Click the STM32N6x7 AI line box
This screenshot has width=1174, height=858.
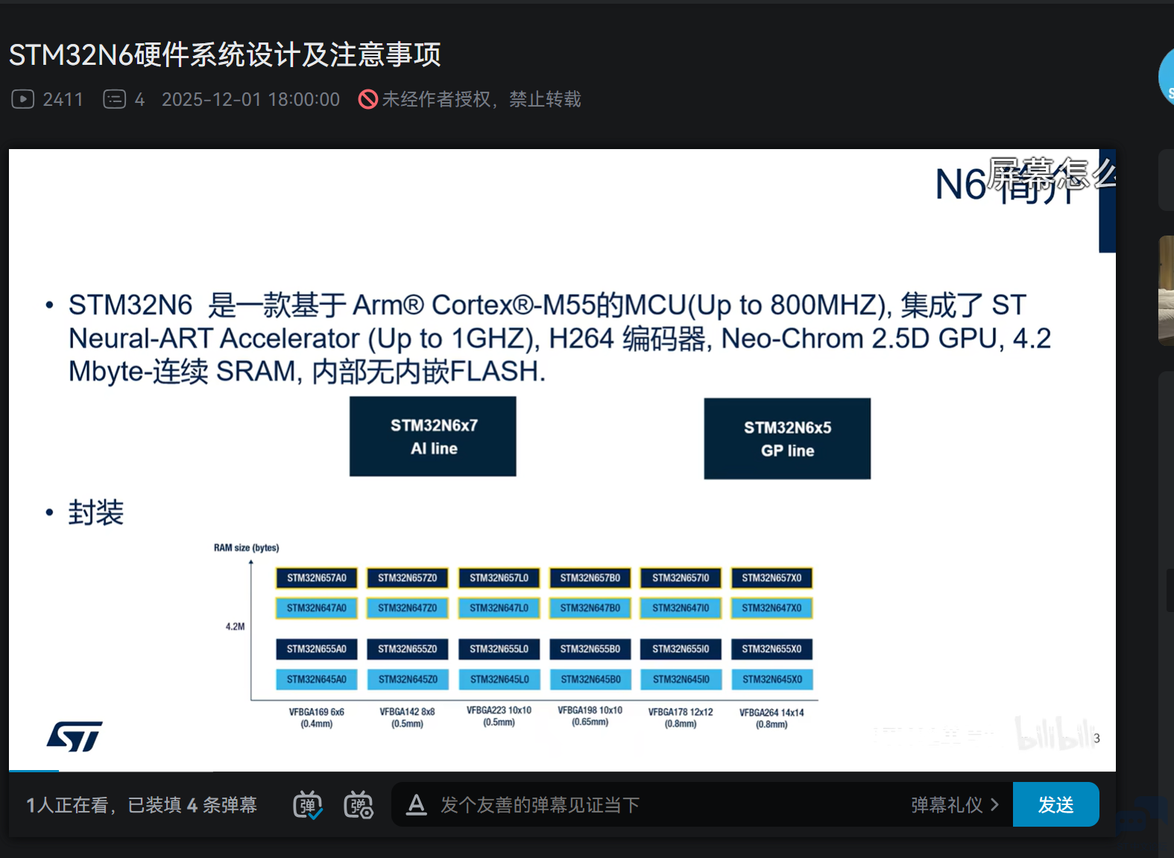(x=433, y=437)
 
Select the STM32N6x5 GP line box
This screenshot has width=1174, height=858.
(x=787, y=439)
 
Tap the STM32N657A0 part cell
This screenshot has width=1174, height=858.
(x=317, y=578)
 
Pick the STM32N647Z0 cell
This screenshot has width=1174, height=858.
(x=407, y=608)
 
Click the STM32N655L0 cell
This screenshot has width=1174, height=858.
(x=499, y=649)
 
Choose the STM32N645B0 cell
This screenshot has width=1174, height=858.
(x=590, y=679)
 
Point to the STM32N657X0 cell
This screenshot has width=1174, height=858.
(x=771, y=578)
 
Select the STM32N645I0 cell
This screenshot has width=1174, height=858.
(x=681, y=679)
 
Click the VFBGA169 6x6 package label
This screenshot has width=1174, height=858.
(x=317, y=718)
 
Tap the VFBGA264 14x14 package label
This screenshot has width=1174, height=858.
(x=771, y=718)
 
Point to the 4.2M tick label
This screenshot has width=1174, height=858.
(x=235, y=627)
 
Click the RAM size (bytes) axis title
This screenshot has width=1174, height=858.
(x=246, y=548)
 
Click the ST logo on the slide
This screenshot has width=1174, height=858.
(x=75, y=736)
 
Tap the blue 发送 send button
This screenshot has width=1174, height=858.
(x=1055, y=804)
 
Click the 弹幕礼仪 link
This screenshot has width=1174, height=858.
(x=954, y=805)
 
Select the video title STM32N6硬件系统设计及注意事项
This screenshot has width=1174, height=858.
(x=224, y=54)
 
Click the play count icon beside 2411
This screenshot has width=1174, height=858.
(x=23, y=99)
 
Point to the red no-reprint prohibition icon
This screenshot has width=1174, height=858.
(x=368, y=99)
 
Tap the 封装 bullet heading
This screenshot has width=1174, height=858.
(x=96, y=513)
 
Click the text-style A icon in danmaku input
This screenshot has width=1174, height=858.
(x=417, y=804)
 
